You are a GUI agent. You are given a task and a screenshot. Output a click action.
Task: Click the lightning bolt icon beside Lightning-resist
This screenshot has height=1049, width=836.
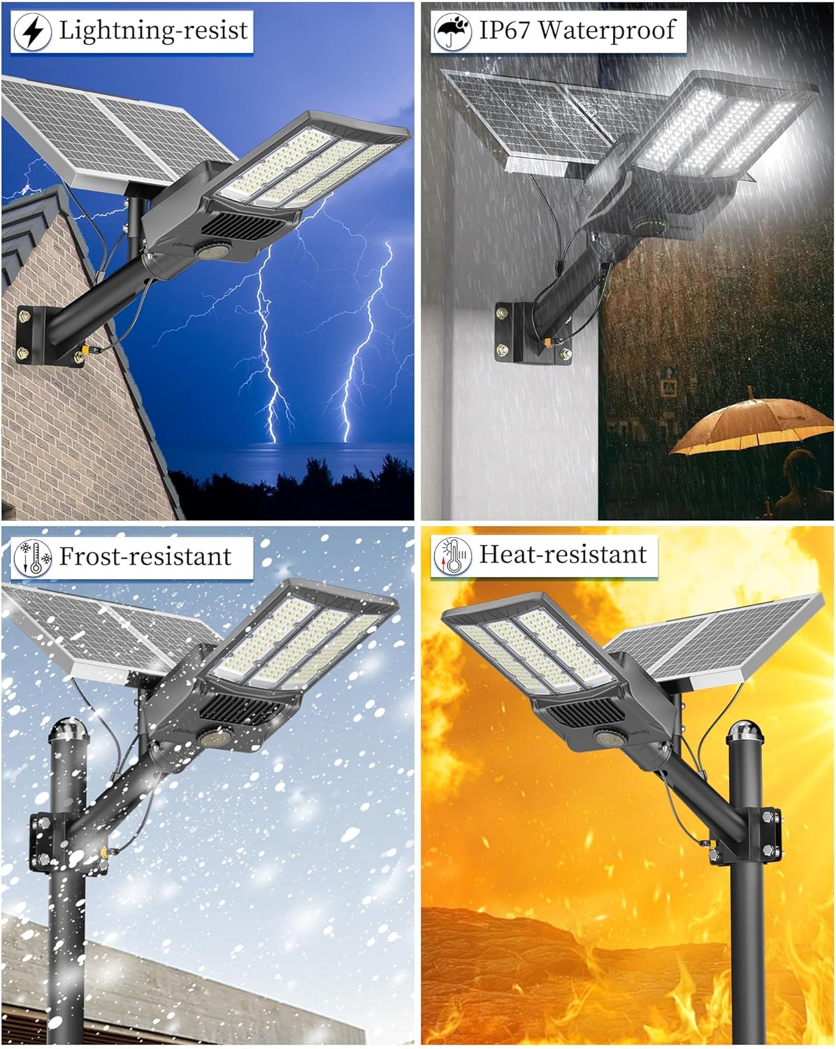tap(32, 32)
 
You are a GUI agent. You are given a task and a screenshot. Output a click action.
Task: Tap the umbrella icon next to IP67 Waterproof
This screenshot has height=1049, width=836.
tap(452, 32)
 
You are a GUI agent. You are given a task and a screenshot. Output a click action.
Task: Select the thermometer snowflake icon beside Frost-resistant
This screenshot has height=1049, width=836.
tap(32, 558)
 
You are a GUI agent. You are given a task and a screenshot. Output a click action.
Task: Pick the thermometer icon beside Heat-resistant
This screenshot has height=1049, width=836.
tap(452, 557)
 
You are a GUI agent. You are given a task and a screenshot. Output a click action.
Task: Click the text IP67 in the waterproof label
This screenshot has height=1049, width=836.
tap(503, 30)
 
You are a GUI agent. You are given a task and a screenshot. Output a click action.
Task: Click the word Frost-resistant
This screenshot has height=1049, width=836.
tap(145, 557)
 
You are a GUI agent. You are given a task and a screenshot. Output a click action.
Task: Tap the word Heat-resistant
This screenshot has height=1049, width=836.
tap(563, 555)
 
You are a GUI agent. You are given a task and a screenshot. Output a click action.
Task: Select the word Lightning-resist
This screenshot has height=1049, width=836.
tap(153, 30)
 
